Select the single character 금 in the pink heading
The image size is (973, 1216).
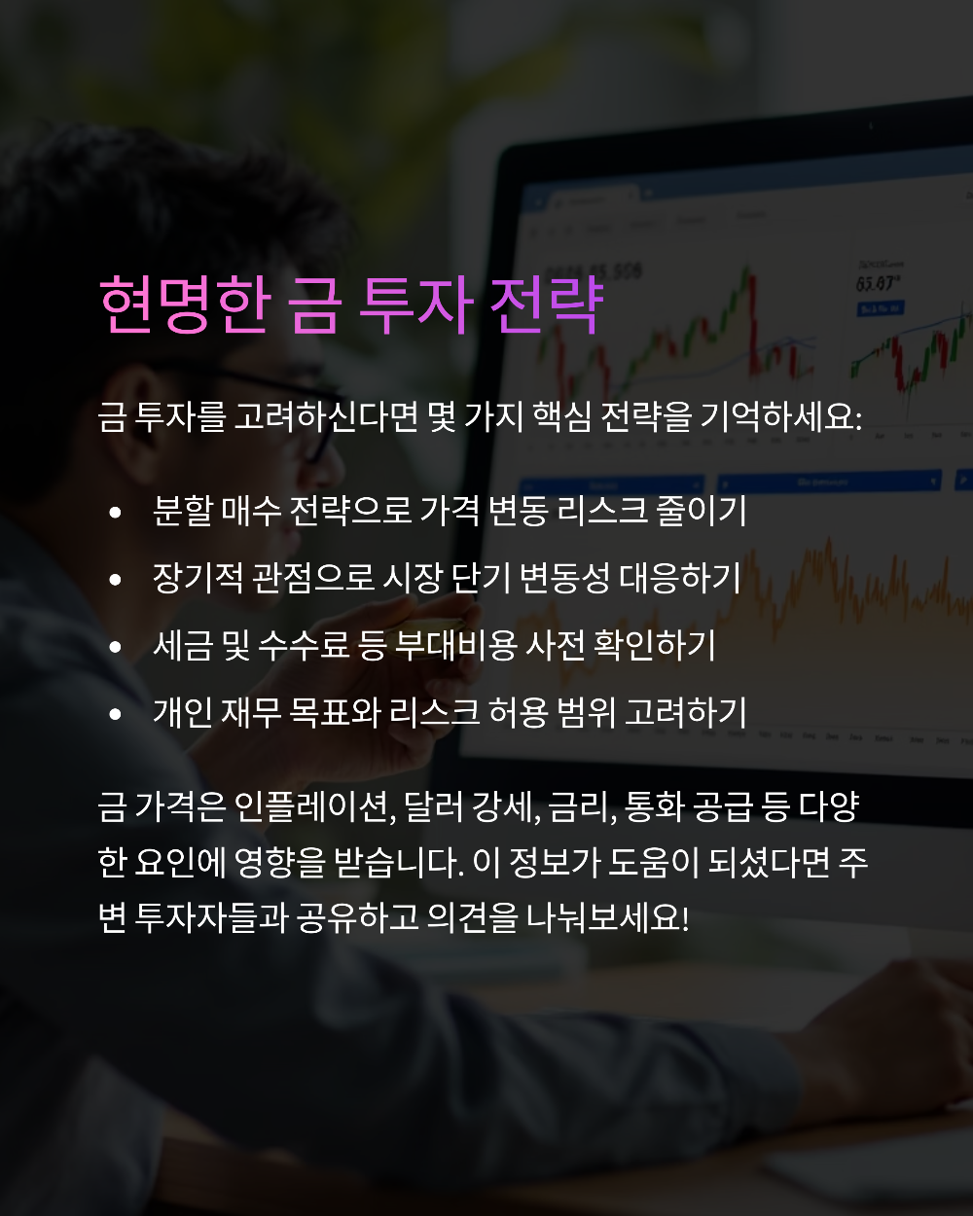315,304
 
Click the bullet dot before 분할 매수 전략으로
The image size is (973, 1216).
116,512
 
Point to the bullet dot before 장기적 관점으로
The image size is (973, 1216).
116,579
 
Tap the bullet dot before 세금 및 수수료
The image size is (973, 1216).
116,646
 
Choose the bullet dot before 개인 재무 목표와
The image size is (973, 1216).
116,713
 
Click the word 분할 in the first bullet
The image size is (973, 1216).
182,511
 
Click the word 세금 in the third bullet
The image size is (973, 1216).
182,645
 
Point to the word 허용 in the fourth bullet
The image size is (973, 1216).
519,712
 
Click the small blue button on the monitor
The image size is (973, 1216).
879,308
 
